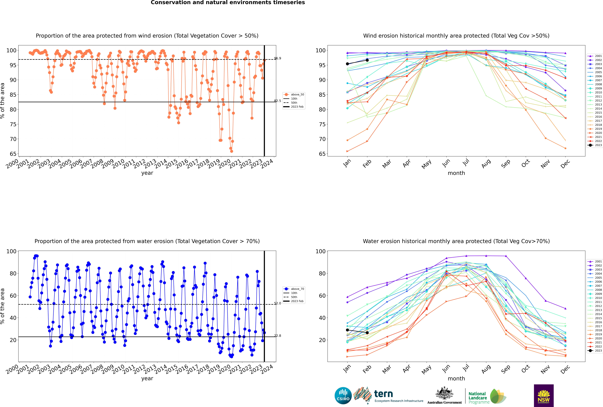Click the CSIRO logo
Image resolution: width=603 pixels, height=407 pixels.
[x=343, y=396]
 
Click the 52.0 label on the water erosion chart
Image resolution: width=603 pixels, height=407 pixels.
[x=277, y=303]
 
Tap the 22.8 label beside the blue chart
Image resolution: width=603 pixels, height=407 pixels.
[x=277, y=336]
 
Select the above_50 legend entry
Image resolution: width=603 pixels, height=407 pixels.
[x=294, y=95]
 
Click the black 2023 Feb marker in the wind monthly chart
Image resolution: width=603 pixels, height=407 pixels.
[x=367, y=60]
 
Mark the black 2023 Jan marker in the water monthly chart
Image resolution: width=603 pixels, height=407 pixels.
[x=347, y=330]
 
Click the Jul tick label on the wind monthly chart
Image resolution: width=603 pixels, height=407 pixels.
[x=466, y=162]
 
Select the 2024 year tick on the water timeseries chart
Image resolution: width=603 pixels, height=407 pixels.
[x=267, y=369]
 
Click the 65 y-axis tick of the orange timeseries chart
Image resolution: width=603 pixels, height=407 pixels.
[x=13, y=154]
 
